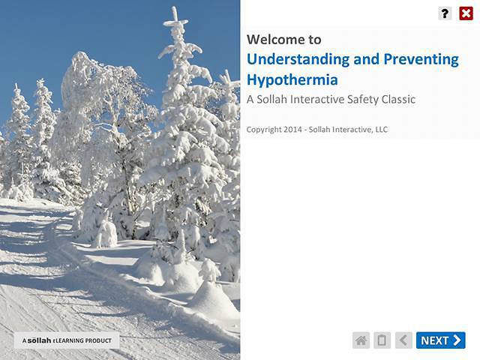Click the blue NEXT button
point(440,340)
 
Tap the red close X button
point(466,13)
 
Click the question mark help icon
point(445,13)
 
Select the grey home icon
point(361,340)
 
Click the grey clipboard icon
point(382,340)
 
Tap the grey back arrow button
point(403,340)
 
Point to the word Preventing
point(416,60)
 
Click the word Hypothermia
point(292,79)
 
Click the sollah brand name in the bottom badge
point(39,341)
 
